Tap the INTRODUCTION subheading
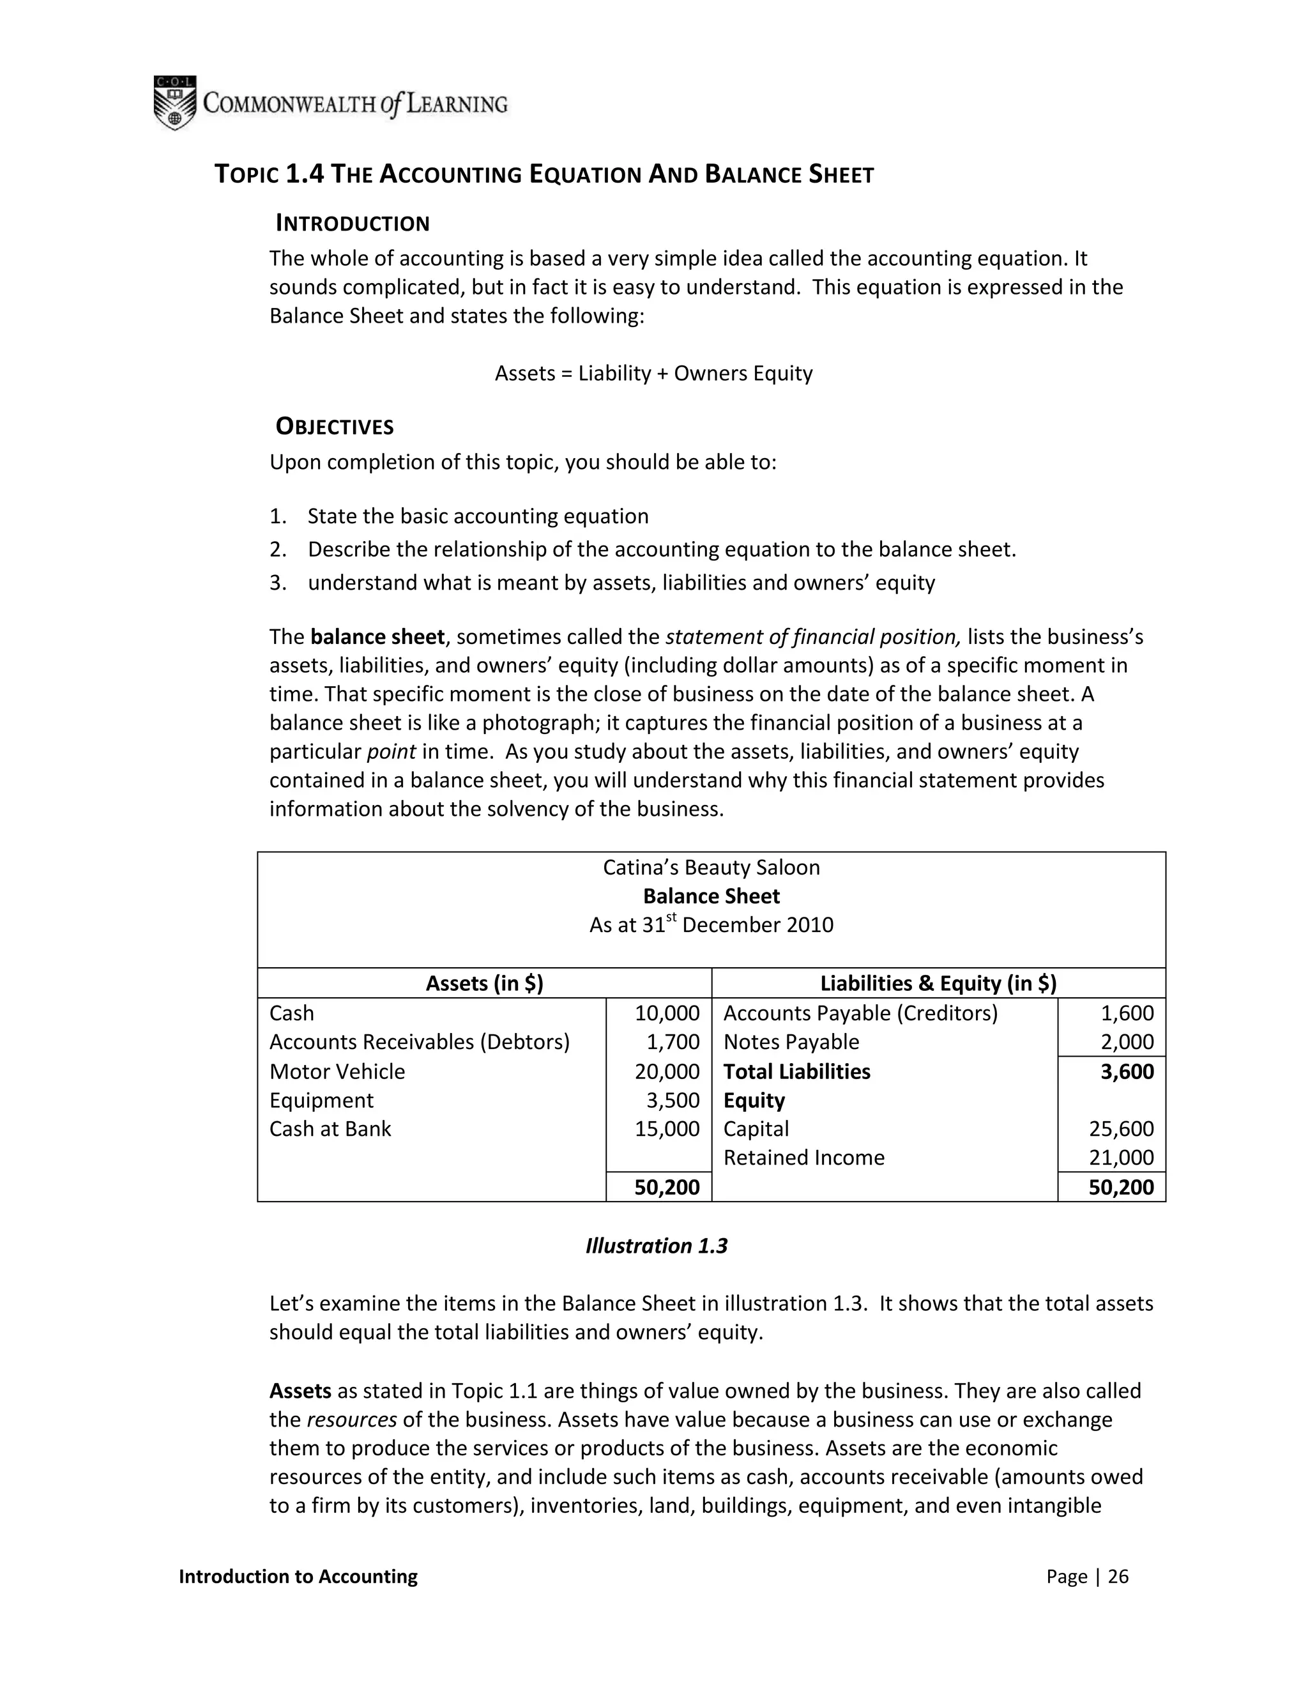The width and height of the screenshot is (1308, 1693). click(353, 224)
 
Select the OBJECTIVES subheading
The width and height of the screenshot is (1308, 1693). click(335, 427)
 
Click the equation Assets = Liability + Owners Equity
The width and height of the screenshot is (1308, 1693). click(653, 374)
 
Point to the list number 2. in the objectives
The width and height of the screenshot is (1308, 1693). click(278, 549)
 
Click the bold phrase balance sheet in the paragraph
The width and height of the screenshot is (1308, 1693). click(377, 637)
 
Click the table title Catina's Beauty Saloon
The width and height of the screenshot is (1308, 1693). click(711, 868)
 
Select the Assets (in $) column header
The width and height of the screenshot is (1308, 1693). click(484, 984)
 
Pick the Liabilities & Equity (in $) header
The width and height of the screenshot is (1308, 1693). click(938, 984)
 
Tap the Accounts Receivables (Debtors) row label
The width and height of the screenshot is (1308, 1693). click(419, 1043)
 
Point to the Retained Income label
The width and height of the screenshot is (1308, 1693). click(803, 1158)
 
